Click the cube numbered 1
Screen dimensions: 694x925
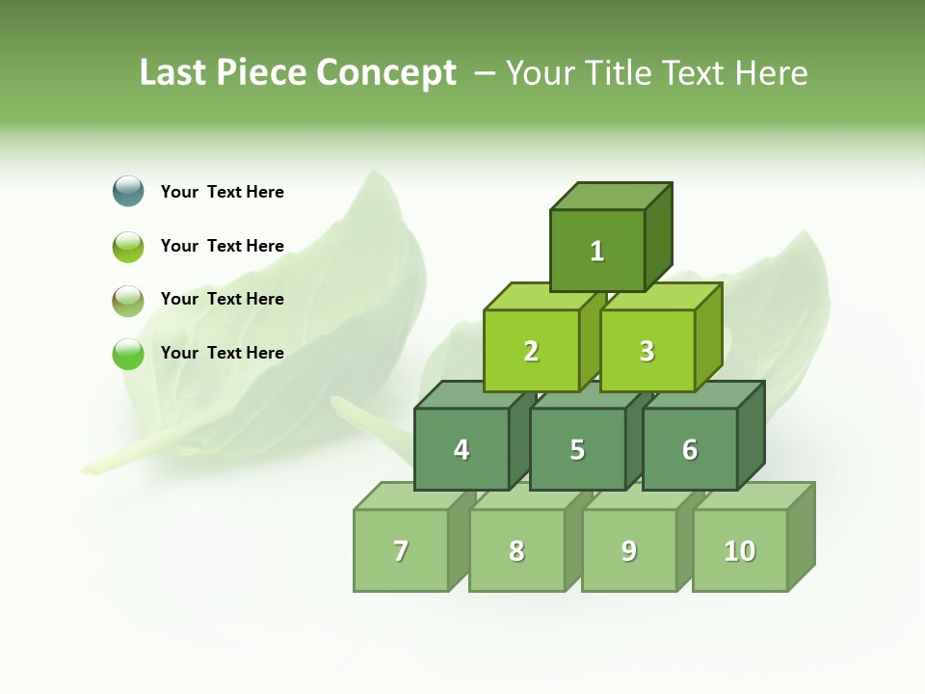coord(597,251)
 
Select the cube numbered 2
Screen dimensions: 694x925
coord(531,351)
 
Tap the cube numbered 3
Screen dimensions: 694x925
coord(647,351)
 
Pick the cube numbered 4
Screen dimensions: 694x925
coord(462,449)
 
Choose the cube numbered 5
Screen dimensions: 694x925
coord(577,449)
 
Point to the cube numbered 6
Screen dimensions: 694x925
coord(690,449)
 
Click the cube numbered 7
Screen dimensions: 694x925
coord(401,550)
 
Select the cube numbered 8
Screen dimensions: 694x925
coord(516,550)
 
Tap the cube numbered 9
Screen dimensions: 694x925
coord(629,550)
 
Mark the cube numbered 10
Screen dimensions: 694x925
coord(740,550)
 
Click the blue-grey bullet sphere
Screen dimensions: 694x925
coord(128,191)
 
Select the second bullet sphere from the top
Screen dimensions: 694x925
coord(128,246)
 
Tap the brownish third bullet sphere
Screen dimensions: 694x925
coord(128,300)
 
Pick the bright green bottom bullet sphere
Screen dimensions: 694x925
coord(128,354)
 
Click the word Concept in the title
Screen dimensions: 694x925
coord(386,72)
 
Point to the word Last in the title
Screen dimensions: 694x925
coord(172,72)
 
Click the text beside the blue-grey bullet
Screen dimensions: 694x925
coord(223,192)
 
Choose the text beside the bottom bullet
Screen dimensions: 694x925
coord(223,353)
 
